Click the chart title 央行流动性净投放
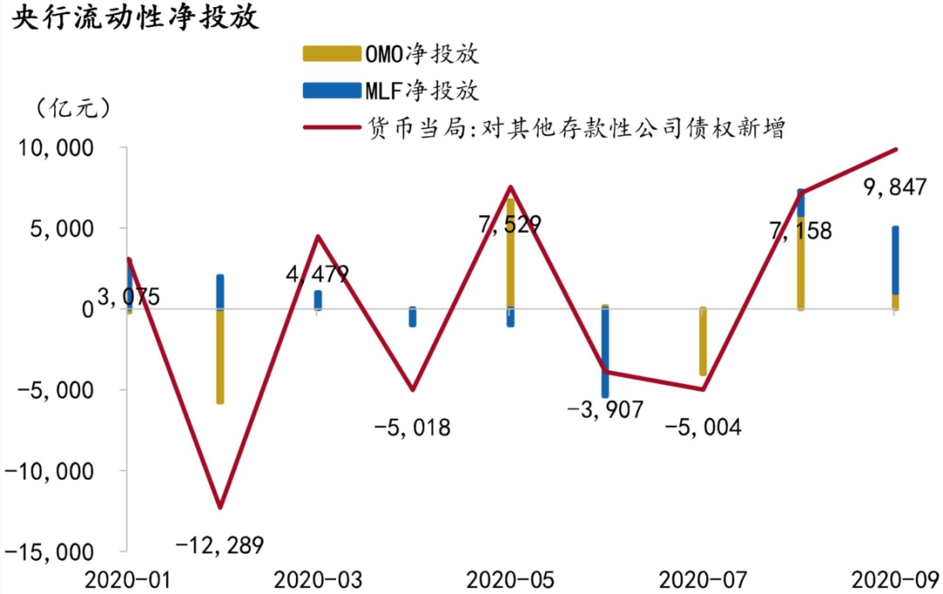(x=135, y=18)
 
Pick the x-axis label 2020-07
(x=702, y=579)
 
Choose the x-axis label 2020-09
(x=894, y=579)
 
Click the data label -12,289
(x=219, y=546)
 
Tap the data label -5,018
(x=411, y=427)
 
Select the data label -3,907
(x=604, y=408)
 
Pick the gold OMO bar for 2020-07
(x=702, y=342)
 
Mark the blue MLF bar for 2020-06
(x=605, y=352)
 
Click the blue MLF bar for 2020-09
(x=895, y=260)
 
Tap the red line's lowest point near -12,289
(x=220, y=507)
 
